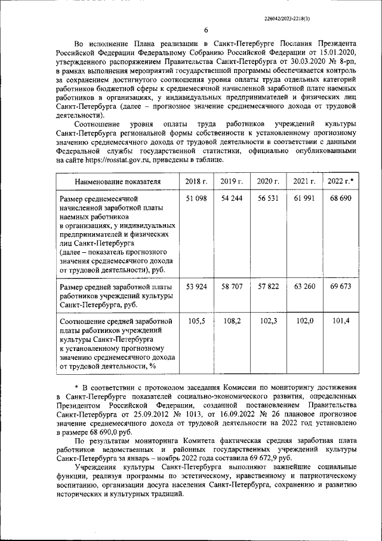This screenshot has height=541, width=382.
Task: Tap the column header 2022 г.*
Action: [x=341, y=181]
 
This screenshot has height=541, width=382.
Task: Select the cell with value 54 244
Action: [x=232, y=198]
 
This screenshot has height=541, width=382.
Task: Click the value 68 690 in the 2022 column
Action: [x=341, y=198]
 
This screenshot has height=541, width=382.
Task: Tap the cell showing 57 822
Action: [x=268, y=287]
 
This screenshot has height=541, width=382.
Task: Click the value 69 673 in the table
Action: [x=341, y=287]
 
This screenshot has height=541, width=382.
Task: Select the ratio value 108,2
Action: [x=232, y=321]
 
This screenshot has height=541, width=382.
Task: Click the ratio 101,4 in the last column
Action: [x=341, y=321]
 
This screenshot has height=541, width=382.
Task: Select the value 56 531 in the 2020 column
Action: [x=268, y=198]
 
